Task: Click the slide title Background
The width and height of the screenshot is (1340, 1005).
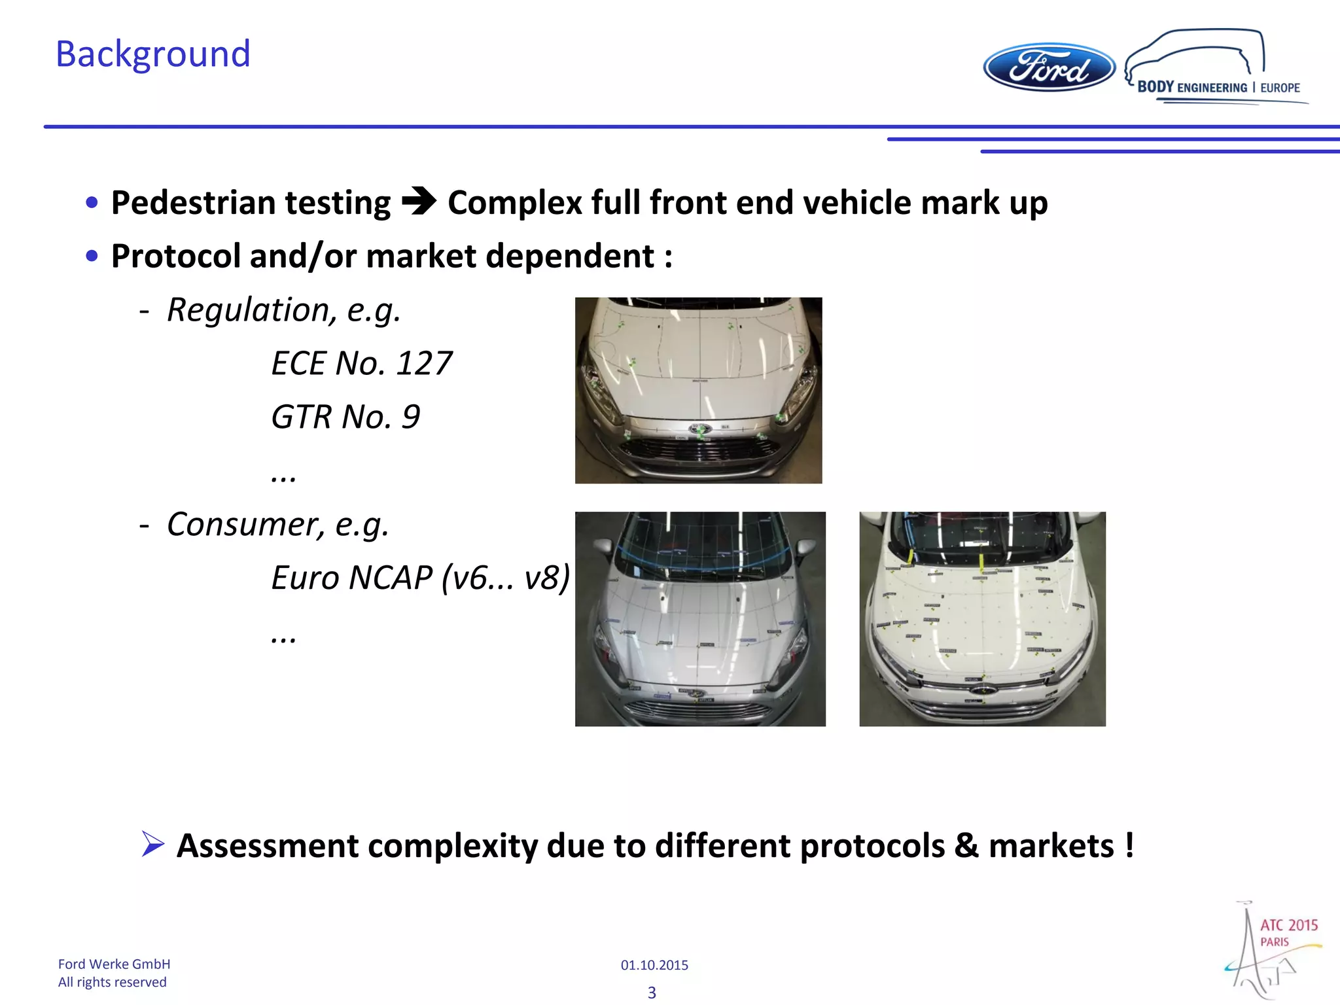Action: point(153,54)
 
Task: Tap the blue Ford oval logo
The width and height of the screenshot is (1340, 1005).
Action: point(1049,67)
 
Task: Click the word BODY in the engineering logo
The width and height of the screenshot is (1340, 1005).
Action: point(1155,87)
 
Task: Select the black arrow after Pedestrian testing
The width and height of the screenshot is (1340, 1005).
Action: point(419,202)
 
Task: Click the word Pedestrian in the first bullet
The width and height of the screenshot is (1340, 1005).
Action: point(190,203)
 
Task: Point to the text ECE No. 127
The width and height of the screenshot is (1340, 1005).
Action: point(361,363)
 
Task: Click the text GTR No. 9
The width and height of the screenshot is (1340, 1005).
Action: point(345,417)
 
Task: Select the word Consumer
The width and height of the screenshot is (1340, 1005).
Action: point(245,524)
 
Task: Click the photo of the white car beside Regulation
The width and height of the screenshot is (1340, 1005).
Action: point(698,391)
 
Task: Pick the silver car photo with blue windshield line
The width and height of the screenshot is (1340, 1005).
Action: point(700,619)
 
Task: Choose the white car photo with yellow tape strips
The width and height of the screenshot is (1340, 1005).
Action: point(982,619)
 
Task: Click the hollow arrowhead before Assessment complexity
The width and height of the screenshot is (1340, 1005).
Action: point(152,844)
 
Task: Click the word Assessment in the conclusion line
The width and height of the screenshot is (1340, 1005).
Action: point(268,846)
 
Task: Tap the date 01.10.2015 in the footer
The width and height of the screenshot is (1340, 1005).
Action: point(654,965)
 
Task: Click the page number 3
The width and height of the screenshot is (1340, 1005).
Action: point(652,993)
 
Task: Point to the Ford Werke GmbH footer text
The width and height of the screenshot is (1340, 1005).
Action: point(114,964)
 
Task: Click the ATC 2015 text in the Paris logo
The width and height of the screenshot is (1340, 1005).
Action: point(1288,925)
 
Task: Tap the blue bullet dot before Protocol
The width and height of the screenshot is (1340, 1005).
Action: point(92,256)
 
